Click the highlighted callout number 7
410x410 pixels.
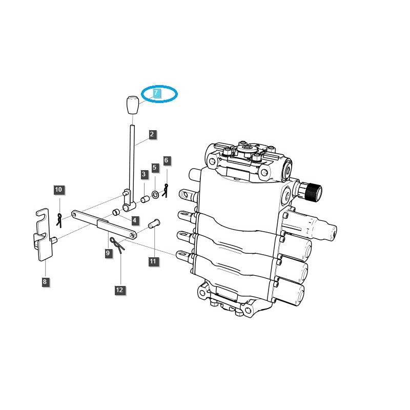(x=157, y=93)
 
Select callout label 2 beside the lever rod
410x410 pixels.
(x=152, y=135)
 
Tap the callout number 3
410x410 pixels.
(x=144, y=175)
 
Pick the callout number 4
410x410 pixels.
(x=135, y=221)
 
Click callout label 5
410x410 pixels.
(x=155, y=168)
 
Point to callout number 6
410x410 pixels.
(x=166, y=161)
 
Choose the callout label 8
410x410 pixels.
(x=45, y=281)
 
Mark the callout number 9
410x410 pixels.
(x=108, y=253)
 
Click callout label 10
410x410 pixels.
(x=58, y=190)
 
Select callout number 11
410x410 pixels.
(x=153, y=261)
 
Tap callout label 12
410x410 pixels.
(x=119, y=290)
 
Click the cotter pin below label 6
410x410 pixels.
(x=166, y=190)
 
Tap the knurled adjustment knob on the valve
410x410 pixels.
(x=312, y=193)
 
